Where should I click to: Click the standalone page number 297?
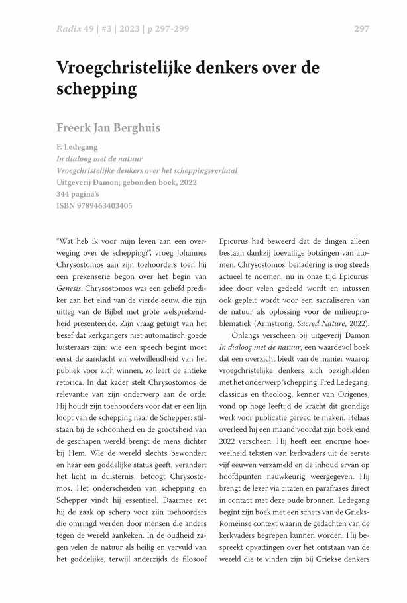[x=361, y=28]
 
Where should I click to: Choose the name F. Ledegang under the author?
[x=78, y=147]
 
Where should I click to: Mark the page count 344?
[x=66, y=194]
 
